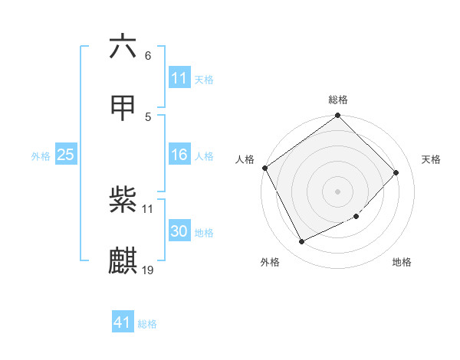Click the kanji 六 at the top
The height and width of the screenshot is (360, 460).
123,47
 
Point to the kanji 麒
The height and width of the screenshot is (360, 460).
123,260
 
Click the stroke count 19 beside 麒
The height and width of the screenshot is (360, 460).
148,270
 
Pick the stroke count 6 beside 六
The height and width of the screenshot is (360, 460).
148,56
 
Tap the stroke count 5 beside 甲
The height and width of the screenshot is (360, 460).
148,116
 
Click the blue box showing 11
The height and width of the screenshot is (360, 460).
179,78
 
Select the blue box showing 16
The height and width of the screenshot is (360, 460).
179,155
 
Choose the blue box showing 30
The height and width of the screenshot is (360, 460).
179,231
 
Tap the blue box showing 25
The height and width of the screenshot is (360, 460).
65,155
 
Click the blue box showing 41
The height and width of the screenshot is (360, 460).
123,322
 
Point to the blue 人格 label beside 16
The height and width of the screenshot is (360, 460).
204,156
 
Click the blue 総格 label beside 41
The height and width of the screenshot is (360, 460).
147,324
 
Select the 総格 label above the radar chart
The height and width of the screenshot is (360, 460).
338,100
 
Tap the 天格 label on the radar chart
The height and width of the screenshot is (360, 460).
432,159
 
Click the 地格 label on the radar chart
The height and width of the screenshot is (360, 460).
402,263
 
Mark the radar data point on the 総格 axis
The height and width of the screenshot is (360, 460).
338,116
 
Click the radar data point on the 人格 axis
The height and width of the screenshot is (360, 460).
265,168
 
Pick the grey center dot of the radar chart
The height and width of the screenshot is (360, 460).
338,191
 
